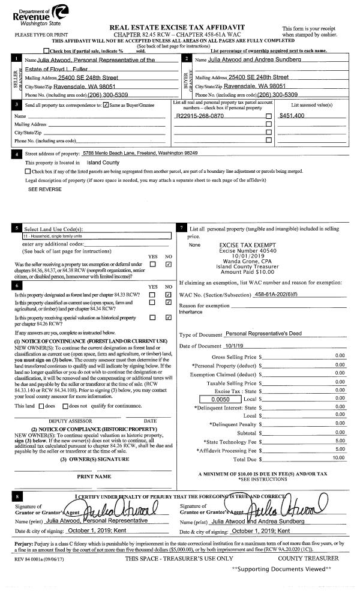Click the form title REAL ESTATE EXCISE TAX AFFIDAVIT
180,28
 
